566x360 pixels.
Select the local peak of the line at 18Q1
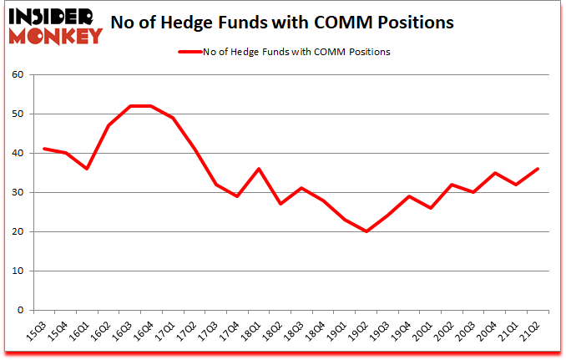tap(260, 169)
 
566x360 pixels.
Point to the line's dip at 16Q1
tap(86, 169)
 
